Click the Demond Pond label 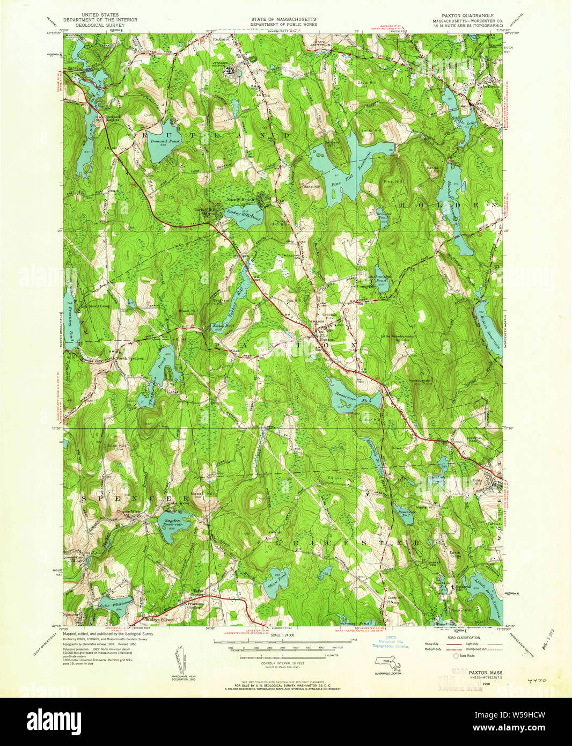pos(165,141)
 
